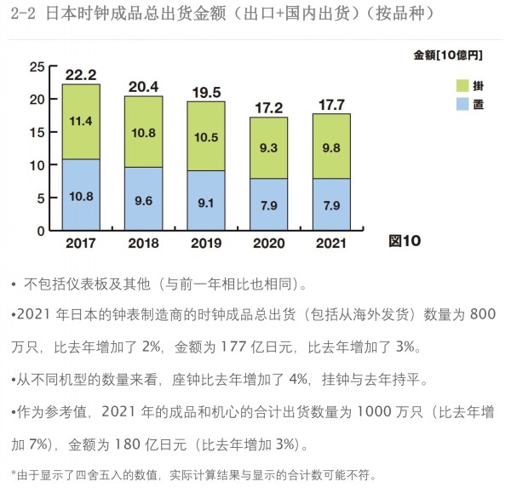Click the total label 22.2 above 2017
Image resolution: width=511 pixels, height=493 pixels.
(81, 75)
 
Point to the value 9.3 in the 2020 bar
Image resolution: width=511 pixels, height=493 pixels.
(269, 147)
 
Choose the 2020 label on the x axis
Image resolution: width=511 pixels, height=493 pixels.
(269, 243)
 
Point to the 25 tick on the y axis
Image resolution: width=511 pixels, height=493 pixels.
(37, 66)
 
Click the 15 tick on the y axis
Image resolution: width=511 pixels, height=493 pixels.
(37, 132)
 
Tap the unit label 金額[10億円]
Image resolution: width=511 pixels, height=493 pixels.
(448, 55)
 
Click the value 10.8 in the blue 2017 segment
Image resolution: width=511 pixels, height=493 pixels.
(81, 195)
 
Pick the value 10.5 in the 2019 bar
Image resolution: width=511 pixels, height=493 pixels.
(206, 137)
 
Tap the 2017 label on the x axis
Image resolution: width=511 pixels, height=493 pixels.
(81, 243)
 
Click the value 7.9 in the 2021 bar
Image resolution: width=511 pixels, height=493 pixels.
(331, 204)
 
